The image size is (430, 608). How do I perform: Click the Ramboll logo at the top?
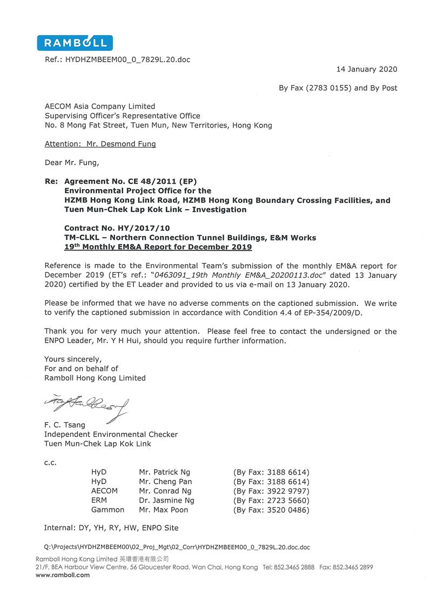75,43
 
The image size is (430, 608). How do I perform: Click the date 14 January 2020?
366,69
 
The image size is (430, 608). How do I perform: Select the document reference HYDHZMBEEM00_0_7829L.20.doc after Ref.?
127,59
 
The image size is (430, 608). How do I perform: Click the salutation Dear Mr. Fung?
72,162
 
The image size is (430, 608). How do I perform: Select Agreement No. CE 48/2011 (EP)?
125,182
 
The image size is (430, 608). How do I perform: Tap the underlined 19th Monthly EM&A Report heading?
158,247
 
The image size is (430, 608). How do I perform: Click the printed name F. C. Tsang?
65,425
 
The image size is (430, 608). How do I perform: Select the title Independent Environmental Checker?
111,434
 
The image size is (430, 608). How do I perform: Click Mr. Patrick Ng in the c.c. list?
164,472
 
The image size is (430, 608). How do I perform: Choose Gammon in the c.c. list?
107,510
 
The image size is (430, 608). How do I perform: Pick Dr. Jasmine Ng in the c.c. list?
166,500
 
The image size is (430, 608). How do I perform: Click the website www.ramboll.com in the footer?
63,575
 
